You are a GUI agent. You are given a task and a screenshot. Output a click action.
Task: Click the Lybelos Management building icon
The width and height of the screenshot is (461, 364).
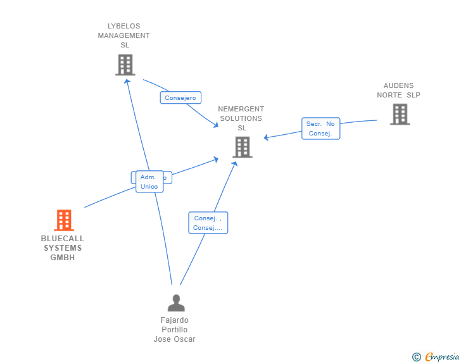tap(125, 65)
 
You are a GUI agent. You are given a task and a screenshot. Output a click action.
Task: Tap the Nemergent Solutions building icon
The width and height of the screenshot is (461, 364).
tap(242, 147)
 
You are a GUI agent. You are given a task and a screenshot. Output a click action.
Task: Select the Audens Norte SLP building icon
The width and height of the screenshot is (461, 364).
tap(400, 114)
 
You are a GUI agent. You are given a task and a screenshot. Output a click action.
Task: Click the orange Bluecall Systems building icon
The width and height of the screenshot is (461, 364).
tap(64, 220)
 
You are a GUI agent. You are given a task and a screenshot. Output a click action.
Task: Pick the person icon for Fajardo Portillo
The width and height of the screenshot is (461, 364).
tap(176, 303)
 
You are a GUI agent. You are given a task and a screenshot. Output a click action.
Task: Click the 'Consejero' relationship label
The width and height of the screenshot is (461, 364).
tap(180, 97)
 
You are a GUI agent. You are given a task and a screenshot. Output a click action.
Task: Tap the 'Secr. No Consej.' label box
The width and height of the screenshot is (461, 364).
tap(320, 129)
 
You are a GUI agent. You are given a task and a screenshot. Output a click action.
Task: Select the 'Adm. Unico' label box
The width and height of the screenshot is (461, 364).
tap(149, 182)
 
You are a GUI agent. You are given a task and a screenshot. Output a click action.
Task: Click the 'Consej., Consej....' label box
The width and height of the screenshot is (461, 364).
tap(208, 223)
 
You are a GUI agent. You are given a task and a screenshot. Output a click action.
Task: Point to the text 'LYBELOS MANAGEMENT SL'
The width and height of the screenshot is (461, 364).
tap(124, 35)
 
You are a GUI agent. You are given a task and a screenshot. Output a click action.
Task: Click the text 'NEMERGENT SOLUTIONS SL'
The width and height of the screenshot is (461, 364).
tap(241, 118)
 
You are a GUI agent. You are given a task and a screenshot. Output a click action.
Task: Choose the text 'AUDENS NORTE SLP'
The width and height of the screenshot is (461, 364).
tap(398, 90)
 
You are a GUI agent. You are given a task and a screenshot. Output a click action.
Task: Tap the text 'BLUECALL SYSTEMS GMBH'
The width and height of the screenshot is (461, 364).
tap(63, 248)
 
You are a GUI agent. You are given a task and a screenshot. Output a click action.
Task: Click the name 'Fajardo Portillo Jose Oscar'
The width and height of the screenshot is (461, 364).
tap(175, 330)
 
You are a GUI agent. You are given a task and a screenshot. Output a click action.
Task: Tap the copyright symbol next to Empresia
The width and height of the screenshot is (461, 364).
tap(417, 357)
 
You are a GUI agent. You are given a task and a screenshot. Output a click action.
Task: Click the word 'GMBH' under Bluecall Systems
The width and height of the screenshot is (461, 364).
tap(63, 257)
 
